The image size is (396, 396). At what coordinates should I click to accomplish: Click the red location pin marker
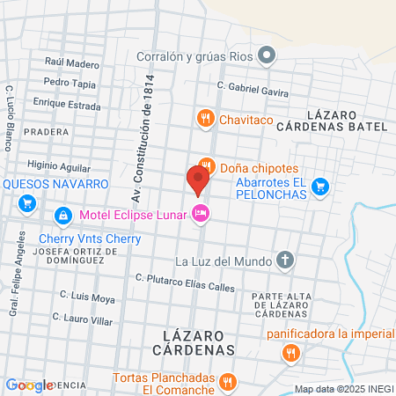click(197, 180)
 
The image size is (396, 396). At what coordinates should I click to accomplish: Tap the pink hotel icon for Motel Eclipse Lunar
click(201, 213)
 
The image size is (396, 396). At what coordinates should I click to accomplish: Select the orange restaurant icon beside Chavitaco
click(204, 116)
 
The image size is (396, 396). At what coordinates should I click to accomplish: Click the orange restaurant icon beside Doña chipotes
click(206, 165)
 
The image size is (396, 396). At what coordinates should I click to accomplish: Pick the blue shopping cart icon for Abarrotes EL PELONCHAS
click(320, 186)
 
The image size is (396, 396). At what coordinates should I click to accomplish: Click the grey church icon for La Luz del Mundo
click(284, 260)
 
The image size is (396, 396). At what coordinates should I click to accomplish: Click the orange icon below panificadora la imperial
click(290, 354)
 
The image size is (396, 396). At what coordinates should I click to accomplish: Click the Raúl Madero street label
click(72, 63)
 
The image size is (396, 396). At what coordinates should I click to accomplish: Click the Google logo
click(29, 385)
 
